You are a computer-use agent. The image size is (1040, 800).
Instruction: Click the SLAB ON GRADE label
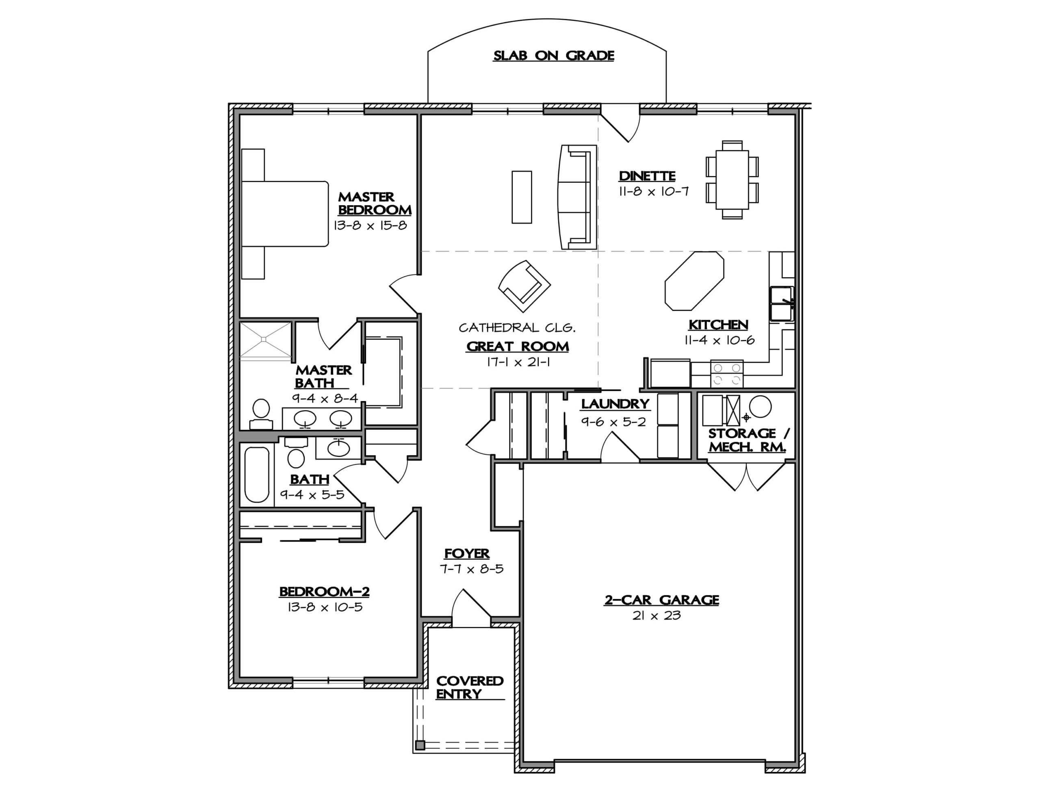click(553, 56)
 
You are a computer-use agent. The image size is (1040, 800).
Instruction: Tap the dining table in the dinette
click(732, 180)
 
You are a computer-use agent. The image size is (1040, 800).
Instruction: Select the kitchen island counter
click(694, 280)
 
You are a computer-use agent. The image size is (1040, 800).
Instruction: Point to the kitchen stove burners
click(727, 374)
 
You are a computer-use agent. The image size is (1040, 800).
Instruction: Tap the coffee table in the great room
click(522, 197)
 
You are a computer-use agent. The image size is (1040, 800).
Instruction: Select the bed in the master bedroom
click(285, 213)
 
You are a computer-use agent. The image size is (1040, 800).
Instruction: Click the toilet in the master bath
click(261, 414)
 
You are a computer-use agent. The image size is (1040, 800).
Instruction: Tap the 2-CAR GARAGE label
click(661, 600)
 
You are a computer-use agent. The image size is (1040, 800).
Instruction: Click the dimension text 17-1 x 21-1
click(518, 362)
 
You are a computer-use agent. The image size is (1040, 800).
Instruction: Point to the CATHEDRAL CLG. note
click(517, 327)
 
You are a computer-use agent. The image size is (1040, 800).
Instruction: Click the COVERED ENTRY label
click(469, 687)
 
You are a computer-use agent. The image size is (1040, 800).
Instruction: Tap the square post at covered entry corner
click(420, 745)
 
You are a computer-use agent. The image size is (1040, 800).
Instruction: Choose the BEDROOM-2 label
click(324, 592)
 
